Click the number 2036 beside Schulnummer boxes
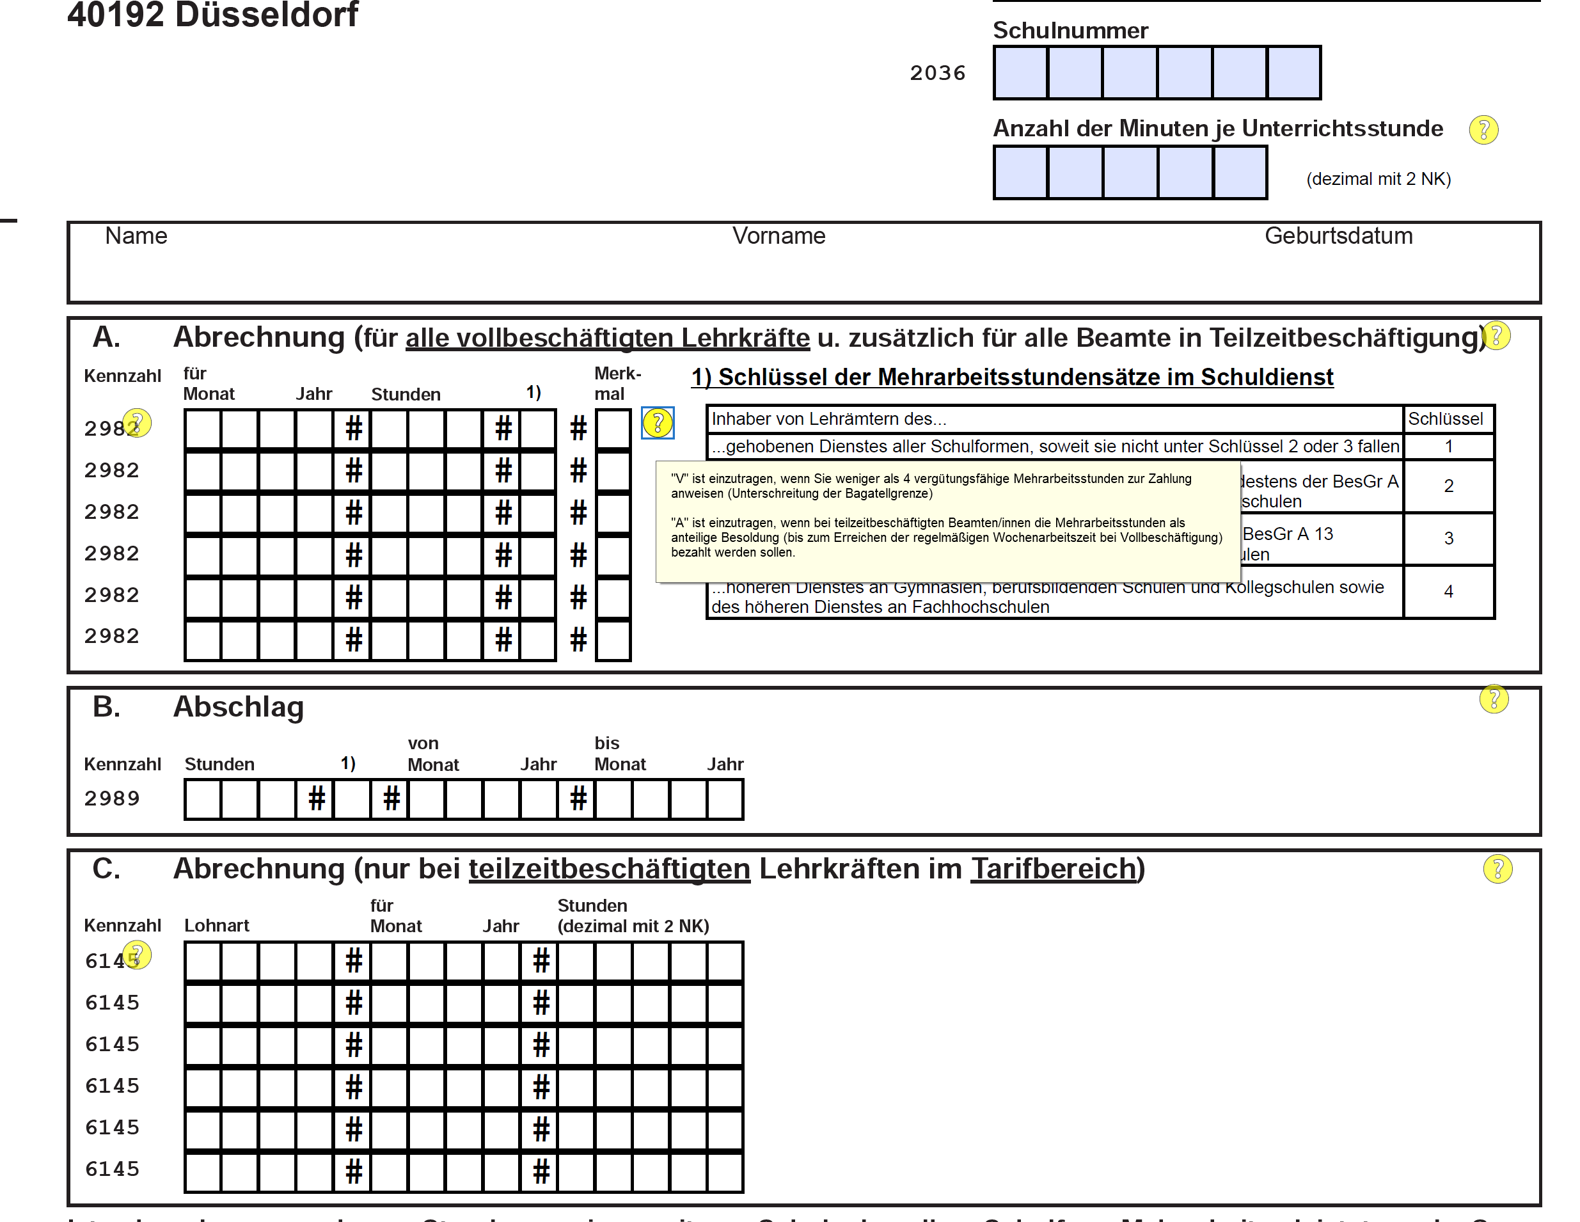coord(938,73)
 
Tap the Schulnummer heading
coord(1070,30)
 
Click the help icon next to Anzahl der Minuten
coord(1483,131)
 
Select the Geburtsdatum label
coord(1338,236)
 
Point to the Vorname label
coord(778,236)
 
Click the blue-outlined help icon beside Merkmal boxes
coord(658,424)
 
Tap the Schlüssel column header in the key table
coord(1446,419)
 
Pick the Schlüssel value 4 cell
coord(1448,592)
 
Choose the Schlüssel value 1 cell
coord(1448,447)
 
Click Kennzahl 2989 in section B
coord(111,798)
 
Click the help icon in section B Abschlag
coord(1493,699)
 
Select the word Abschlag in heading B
coord(238,707)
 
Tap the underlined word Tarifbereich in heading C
coord(1054,869)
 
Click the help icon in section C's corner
coord(1497,869)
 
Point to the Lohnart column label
coord(216,925)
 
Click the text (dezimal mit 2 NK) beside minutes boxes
coord(1378,179)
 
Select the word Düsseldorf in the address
coord(266,15)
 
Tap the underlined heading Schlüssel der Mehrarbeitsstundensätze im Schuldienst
coord(1012,377)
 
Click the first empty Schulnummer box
coord(1021,72)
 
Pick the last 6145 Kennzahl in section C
coord(112,1169)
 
